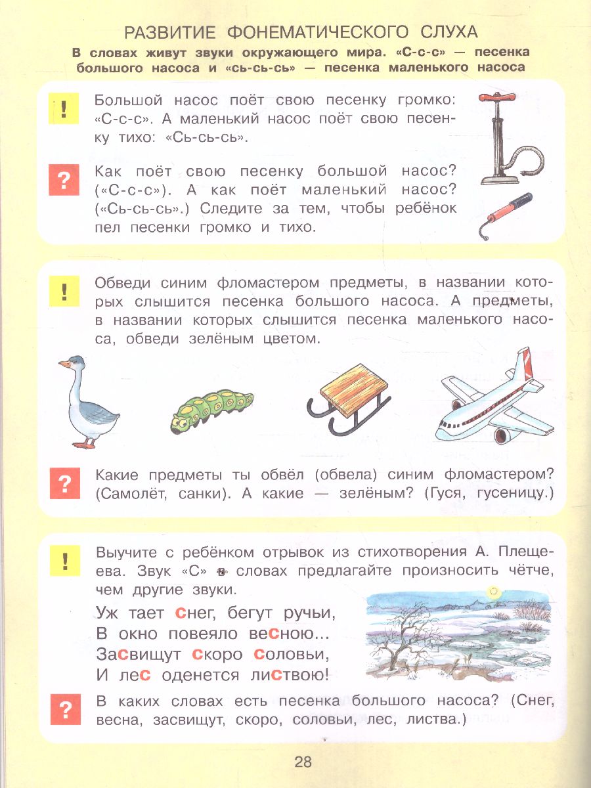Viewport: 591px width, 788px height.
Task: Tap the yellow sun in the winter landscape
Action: (493, 592)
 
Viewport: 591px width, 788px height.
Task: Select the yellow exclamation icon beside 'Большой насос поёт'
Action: (64, 108)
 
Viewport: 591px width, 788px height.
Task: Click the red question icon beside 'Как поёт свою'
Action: (64, 179)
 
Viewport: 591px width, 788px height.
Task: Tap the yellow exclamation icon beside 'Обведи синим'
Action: (64, 290)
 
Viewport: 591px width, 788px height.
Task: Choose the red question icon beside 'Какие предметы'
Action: (64, 484)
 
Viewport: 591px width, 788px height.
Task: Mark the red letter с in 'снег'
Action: (181, 613)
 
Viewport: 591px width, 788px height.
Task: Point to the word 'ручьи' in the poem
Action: (309, 613)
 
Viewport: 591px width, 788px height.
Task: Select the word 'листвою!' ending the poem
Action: (295, 674)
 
